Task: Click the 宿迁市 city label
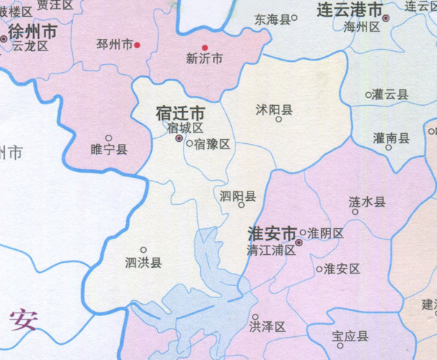[x=180, y=114]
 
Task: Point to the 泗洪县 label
[x=143, y=263]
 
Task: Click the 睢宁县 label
[x=109, y=150]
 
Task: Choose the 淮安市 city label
[x=271, y=235]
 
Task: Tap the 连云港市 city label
[x=350, y=11]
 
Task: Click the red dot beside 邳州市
[x=137, y=45]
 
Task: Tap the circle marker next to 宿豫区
[x=189, y=143]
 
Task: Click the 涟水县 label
[x=367, y=202]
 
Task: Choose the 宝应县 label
[x=350, y=336]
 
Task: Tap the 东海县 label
[x=271, y=19]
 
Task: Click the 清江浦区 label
[x=271, y=251]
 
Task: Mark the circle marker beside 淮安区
[x=320, y=269]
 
